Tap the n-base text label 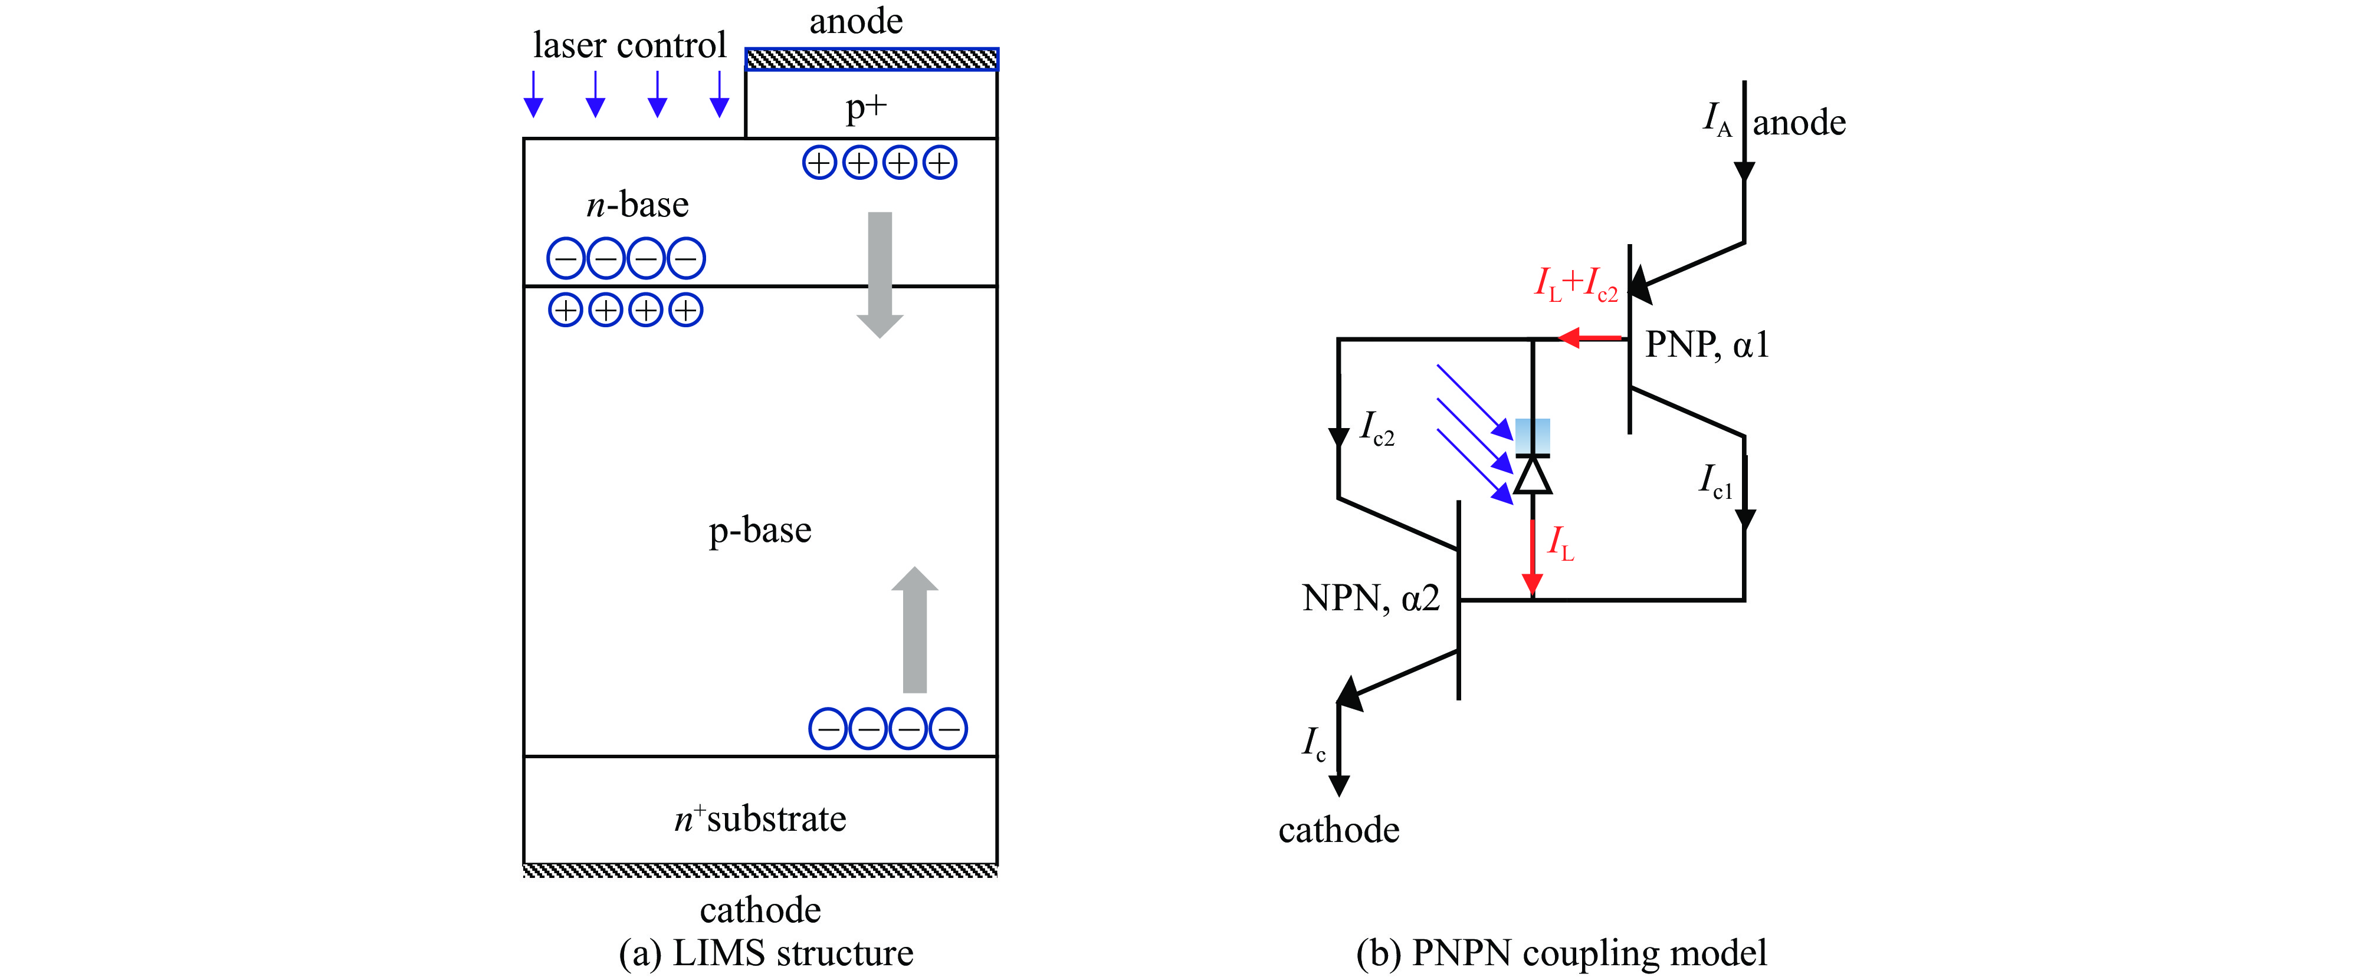tap(637, 204)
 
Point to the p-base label tap(760, 530)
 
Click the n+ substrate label tap(760, 818)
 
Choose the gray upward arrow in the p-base tap(914, 630)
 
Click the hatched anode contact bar tap(871, 60)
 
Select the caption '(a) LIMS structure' tap(766, 952)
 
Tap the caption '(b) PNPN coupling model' tap(1561, 952)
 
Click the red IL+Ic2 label tap(1576, 284)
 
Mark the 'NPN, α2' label tap(1370, 598)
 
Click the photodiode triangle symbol tap(1532, 475)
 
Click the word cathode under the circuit tap(1339, 830)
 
